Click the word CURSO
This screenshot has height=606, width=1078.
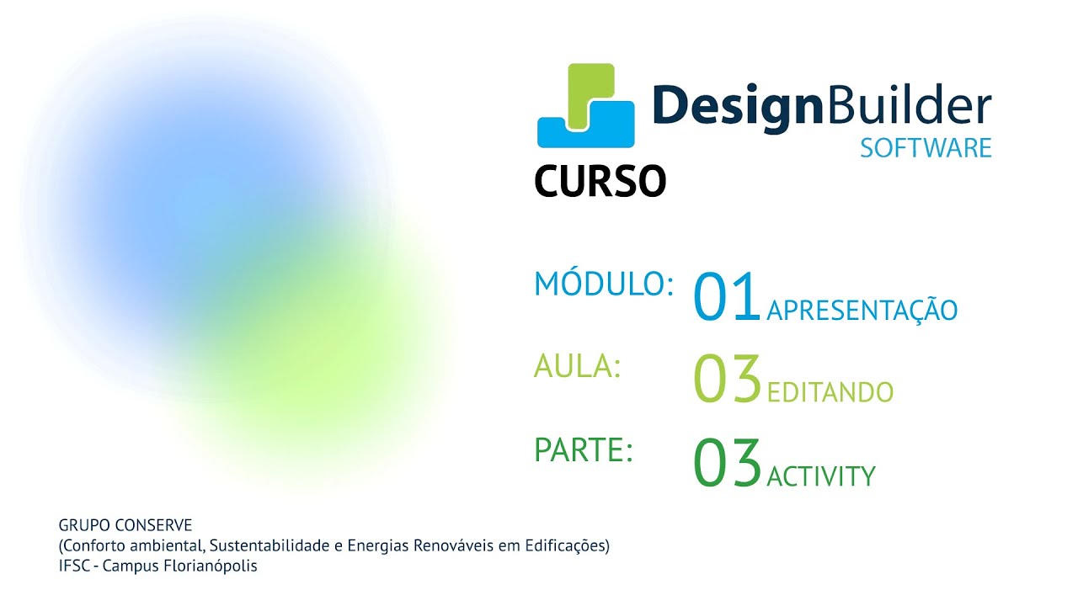[600, 180]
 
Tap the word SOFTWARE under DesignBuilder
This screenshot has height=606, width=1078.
[926, 148]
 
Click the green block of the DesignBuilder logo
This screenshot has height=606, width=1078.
[588, 88]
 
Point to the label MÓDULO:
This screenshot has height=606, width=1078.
[604, 285]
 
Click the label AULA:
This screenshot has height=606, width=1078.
[577, 367]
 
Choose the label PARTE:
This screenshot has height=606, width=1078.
[584, 450]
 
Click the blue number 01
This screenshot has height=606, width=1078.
[727, 299]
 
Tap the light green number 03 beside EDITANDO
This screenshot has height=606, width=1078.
[727, 380]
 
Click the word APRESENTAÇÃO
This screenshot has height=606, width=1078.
[862, 310]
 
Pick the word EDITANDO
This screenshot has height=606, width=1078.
[830, 392]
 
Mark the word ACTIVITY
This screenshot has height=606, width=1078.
[821, 477]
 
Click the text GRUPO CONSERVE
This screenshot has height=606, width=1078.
[125, 526]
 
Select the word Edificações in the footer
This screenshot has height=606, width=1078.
[564, 546]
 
